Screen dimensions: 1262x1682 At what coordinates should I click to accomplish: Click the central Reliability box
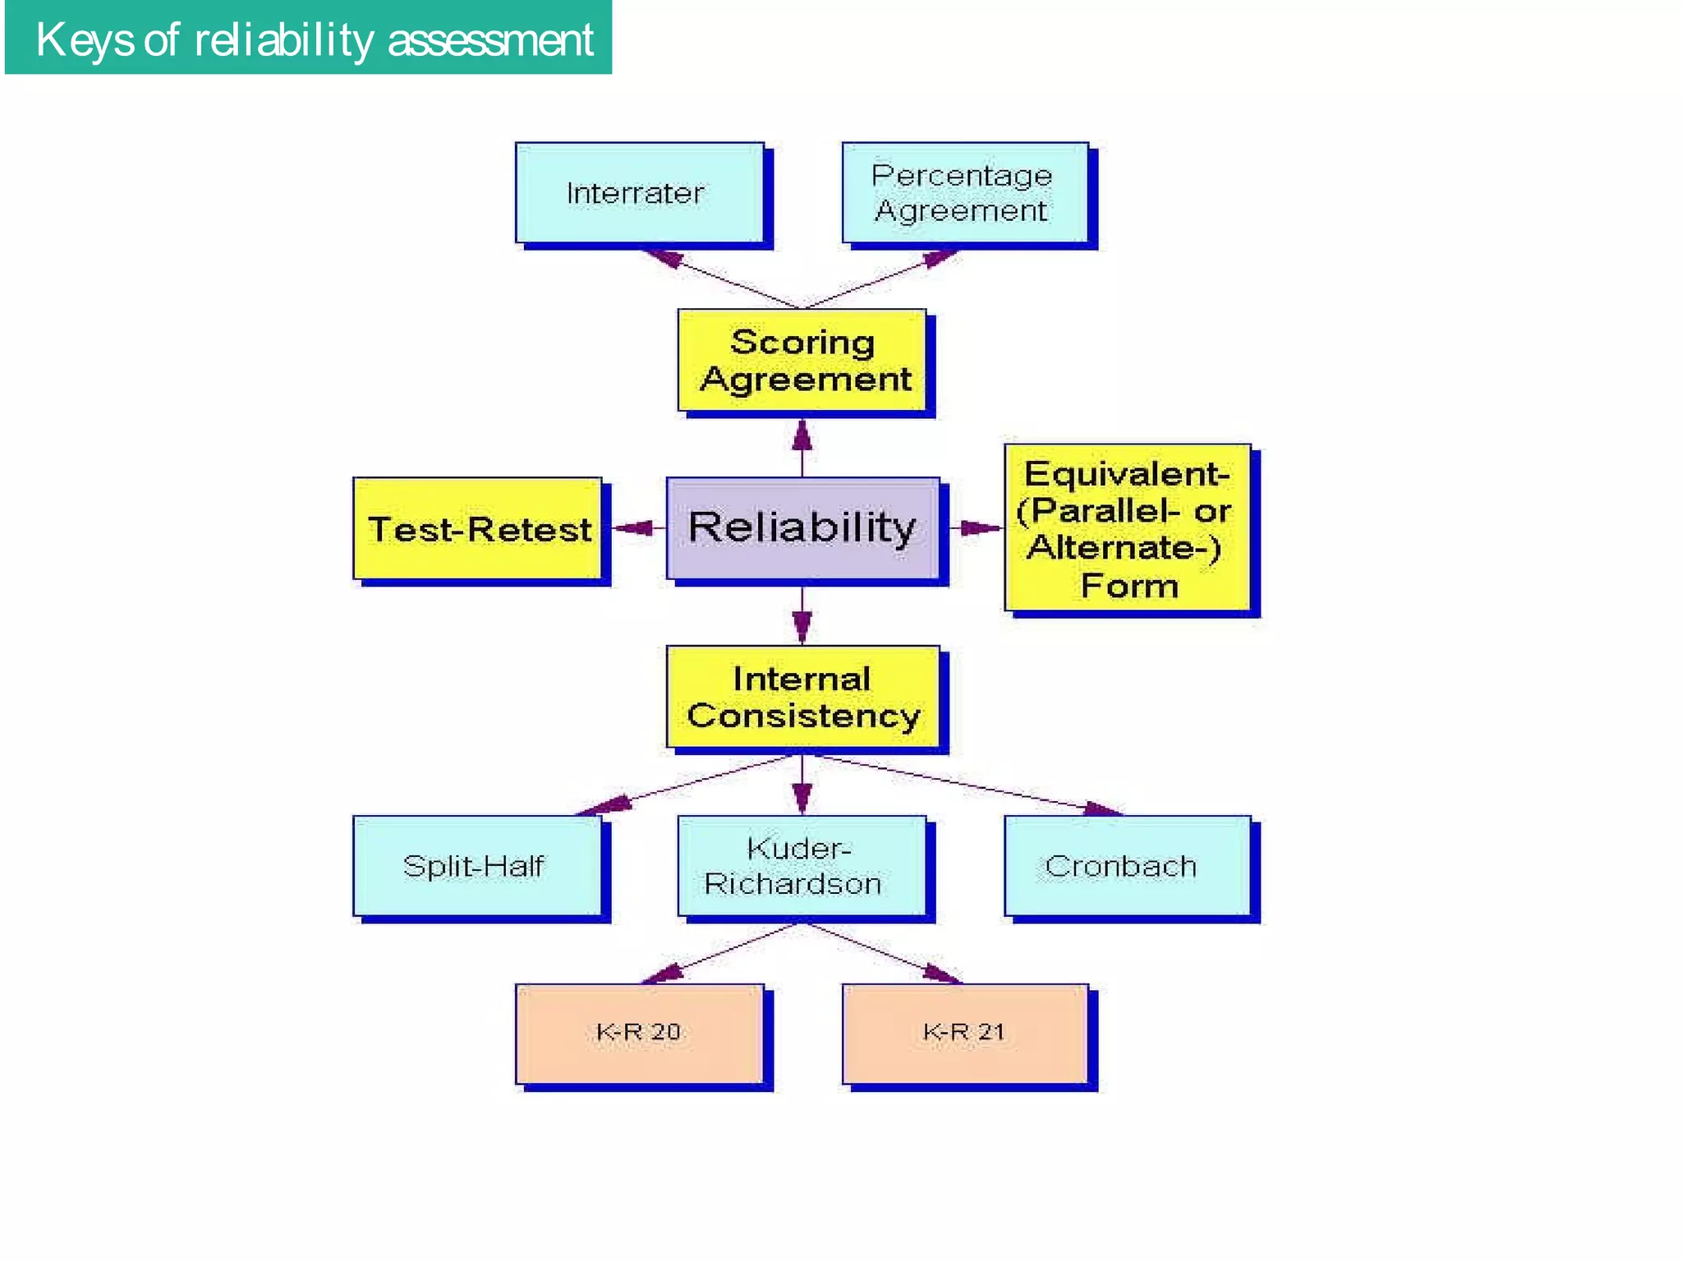802,527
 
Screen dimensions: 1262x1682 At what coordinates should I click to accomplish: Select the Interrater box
639,193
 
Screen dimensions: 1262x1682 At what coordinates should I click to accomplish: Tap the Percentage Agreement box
964,193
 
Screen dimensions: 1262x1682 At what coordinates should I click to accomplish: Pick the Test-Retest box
477,529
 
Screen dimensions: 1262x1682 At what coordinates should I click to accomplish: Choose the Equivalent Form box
1127,528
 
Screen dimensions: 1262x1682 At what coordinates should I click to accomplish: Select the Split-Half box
476,866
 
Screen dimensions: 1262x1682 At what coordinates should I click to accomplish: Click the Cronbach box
1127,866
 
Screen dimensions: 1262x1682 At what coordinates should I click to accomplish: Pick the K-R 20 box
639,1034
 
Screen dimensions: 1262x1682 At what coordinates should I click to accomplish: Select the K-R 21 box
964,1034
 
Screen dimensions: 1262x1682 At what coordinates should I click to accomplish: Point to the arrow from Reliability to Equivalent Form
977,528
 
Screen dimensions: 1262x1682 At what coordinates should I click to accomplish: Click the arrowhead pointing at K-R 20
664,974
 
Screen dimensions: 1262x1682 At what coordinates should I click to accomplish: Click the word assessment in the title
490,39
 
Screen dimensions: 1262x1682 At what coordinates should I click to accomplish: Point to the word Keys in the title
85,39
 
